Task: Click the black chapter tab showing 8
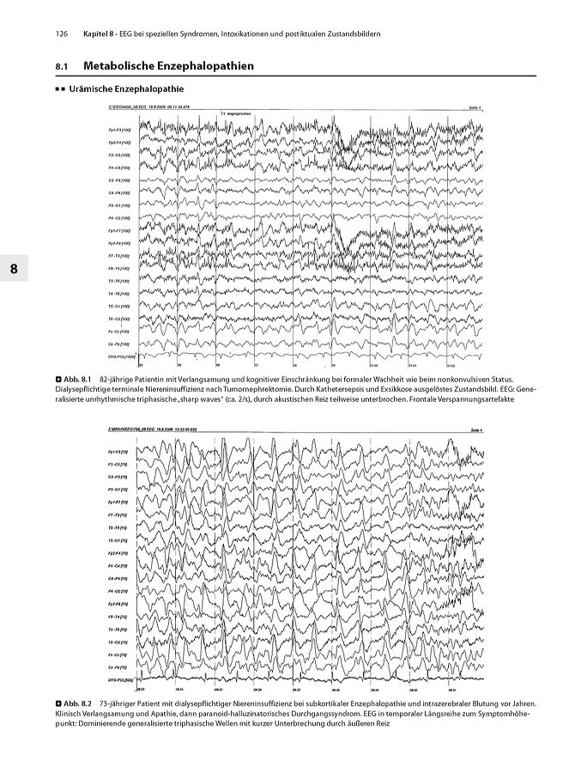[13, 269]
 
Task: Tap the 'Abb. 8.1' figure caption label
[73, 378]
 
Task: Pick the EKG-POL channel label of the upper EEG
[118, 355]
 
